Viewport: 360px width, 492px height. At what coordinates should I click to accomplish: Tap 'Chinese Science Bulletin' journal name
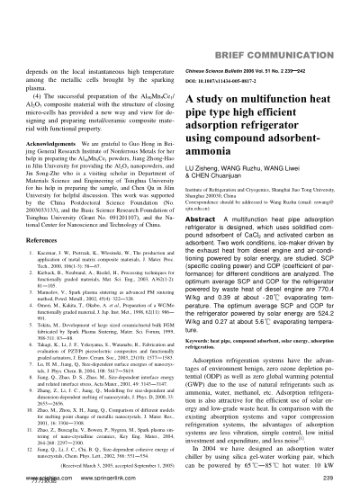pyautogui.click(x=233, y=43)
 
